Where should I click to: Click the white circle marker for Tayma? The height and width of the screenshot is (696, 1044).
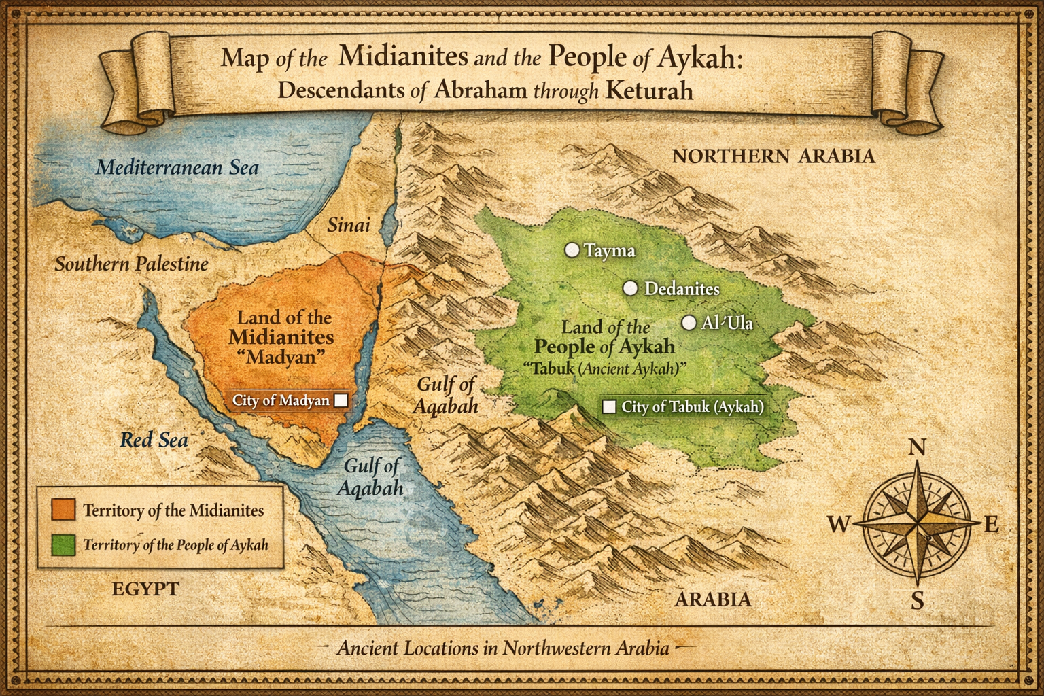pyautogui.click(x=572, y=250)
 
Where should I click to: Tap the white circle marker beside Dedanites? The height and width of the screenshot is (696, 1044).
pyautogui.click(x=631, y=288)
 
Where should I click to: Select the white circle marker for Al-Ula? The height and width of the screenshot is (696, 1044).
pyautogui.click(x=689, y=323)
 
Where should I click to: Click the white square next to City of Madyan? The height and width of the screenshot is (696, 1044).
pyautogui.click(x=341, y=400)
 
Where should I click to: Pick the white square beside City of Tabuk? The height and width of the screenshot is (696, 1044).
pyautogui.click(x=610, y=406)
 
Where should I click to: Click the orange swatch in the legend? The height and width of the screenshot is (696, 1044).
pyautogui.click(x=63, y=510)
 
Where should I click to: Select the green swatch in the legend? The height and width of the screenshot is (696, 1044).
pyautogui.click(x=63, y=544)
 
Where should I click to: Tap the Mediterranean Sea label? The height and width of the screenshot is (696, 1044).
pyautogui.click(x=177, y=167)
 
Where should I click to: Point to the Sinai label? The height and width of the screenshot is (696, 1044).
pyautogui.click(x=349, y=225)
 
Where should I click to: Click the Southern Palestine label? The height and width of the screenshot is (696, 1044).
pyautogui.click(x=131, y=264)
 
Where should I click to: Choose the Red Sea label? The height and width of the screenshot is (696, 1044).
pyautogui.click(x=154, y=440)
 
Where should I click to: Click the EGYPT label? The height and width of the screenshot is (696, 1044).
pyautogui.click(x=145, y=589)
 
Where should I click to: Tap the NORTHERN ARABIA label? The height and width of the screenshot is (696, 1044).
pyautogui.click(x=773, y=156)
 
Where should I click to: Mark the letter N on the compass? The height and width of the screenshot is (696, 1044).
pyautogui.click(x=917, y=447)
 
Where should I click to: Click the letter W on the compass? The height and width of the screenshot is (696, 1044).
pyautogui.click(x=839, y=524)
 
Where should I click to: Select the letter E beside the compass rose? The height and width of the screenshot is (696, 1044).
pyautogui.click(x=991, y=524)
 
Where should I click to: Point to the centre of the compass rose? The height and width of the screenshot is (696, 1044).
pyautogui.click(x=917, y=524)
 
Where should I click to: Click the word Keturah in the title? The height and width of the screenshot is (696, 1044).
pyautogui.click(x=649, y=90)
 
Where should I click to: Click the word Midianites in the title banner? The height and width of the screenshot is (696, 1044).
pyautogui.click(x=403, y=56)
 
